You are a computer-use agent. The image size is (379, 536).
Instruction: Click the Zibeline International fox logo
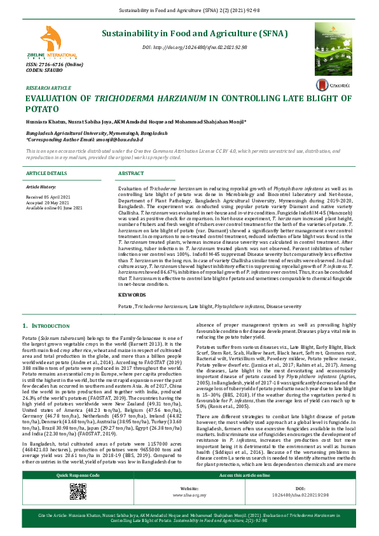click(51, 41)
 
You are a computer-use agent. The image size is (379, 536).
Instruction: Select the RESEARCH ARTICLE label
click(48, 87)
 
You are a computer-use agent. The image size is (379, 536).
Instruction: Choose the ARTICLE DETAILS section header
click(46, 173)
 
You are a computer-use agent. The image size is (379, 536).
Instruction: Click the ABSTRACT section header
click(131, 173)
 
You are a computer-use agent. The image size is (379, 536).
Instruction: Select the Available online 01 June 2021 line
click(54, 208)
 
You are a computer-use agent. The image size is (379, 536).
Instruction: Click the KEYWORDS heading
click(132, 295)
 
